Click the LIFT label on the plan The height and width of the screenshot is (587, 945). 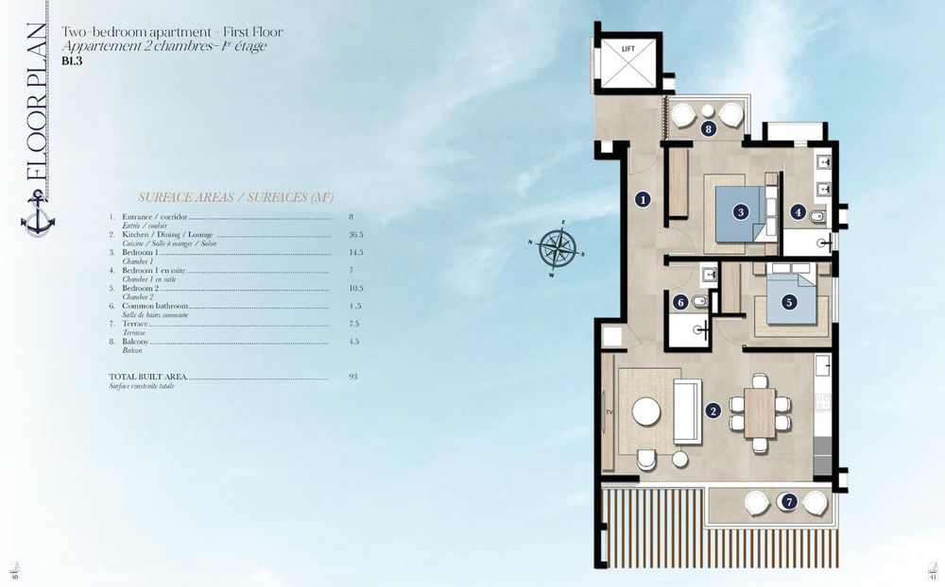627,48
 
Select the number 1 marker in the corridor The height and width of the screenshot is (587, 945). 643,199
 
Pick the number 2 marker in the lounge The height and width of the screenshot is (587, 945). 713,411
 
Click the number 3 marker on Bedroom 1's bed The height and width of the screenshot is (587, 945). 742,212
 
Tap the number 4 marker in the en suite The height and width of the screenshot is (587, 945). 799,212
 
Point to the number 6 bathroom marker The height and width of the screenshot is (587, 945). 680,303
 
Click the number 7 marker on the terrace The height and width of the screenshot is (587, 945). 788,502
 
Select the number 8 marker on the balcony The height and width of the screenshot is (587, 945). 709,129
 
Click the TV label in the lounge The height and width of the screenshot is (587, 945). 609,413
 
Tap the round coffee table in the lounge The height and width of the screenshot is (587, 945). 646,411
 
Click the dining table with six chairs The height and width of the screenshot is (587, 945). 759,412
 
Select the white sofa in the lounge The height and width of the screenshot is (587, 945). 686,411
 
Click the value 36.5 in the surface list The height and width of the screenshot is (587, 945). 355,234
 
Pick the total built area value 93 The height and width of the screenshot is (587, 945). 352,376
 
